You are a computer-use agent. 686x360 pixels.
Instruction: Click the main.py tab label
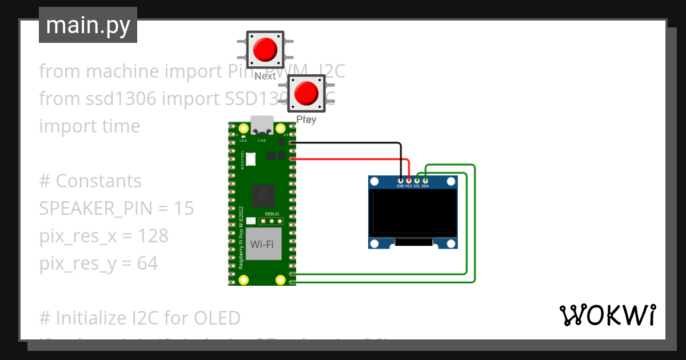pyautogui.click(x=87, y=25)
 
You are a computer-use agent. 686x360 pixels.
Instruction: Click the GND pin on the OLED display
pyautogui.click(x=400, y=181)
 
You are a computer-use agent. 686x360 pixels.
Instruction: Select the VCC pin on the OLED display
pyautogui.click(x=409, y=181)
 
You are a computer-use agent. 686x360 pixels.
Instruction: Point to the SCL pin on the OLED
pyautogui.click(x=417, y=181)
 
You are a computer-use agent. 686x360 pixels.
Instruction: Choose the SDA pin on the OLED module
pyautogui.click(x=425, y=181)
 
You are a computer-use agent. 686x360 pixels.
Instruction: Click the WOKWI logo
pyautogui.click(x=607, y=315)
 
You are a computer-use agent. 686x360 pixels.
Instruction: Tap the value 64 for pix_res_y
pyautogui.click(x=147, y=263)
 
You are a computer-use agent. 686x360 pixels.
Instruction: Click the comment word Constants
pyautogui.click(x=98, y=181)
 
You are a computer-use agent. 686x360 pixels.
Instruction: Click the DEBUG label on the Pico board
pyautogui.click(x=272, y=213)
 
